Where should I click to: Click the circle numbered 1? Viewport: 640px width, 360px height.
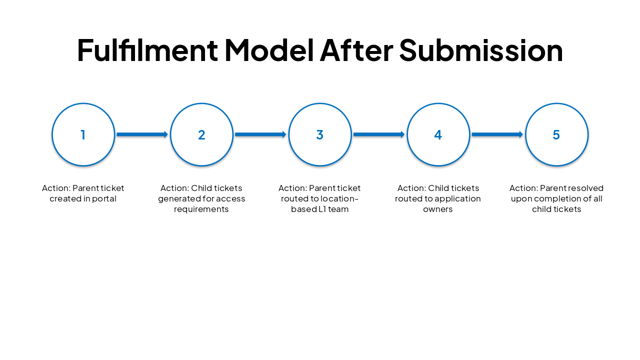(83, 134)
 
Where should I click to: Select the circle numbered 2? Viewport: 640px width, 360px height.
(201, 134)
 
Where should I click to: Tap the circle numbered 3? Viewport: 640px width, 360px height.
(320, 134)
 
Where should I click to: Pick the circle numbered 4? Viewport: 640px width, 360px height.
(438, 134)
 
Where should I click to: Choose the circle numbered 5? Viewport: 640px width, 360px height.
(556, 134)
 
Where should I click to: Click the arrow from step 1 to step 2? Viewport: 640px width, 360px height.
(142, 134)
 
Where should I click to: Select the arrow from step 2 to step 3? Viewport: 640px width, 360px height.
(260, 134)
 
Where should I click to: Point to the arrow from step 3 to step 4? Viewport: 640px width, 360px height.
(379, 134)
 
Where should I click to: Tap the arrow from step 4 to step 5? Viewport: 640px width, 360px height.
(497, 134)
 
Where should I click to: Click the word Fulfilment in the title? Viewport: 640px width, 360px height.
(147, 50)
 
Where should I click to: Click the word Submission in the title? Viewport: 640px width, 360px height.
(480, 50)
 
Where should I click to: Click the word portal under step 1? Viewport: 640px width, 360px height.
(103, 199)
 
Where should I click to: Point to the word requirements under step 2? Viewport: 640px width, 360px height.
(201, 209)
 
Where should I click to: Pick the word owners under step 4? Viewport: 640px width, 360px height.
(438, 209)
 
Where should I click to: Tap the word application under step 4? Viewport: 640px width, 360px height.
(458, 199)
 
